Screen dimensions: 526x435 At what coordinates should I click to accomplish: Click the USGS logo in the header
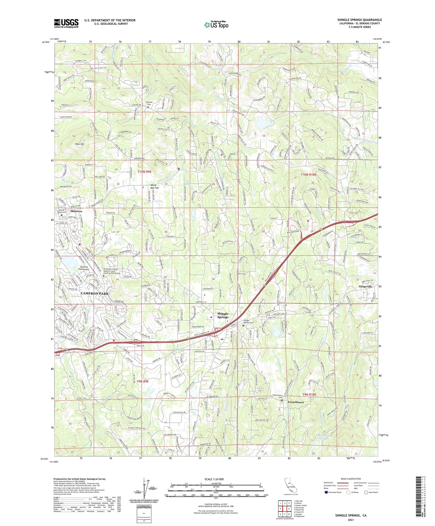tap(66, 23)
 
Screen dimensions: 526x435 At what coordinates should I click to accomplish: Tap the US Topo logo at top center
tap(216, 25)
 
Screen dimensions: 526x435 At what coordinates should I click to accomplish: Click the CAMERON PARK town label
tap(95, 293)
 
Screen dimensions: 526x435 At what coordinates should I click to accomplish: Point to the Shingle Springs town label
tap(223, 315)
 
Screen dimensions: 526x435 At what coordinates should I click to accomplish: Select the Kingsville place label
tap(365, 286)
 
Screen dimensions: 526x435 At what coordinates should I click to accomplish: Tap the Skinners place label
tap(76, 211)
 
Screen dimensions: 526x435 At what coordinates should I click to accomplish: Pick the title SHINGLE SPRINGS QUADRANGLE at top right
tap(359, 20)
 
